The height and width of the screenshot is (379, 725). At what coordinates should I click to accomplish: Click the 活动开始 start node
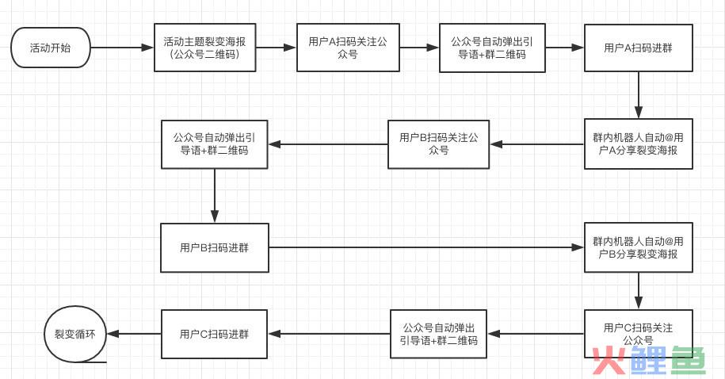coord(50,48)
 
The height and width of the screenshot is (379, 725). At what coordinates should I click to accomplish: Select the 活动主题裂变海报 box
coord(204,48)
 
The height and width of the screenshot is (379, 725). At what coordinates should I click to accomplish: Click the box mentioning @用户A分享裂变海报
coord(638,144)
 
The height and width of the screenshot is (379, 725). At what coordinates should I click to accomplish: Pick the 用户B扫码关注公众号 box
coord(438,144)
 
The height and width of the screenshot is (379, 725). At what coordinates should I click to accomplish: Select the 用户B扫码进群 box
coord(214,247)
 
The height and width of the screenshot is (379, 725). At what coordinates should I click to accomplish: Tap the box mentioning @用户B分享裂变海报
coord(638,247)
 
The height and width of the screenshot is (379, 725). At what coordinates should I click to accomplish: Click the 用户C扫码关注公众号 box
coord(638,334)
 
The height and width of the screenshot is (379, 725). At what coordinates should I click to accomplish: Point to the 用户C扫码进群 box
coord(214,334)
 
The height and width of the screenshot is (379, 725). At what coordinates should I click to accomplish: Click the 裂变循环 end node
coord(74,335)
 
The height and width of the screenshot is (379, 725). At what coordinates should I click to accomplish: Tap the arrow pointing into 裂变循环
coord(135,334)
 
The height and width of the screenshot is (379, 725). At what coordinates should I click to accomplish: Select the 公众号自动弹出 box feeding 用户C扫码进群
coord(438,334)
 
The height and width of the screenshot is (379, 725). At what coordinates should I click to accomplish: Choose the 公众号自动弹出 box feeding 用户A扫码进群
coord(493,48)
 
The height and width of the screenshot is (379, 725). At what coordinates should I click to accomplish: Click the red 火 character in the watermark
coord(608,361)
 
